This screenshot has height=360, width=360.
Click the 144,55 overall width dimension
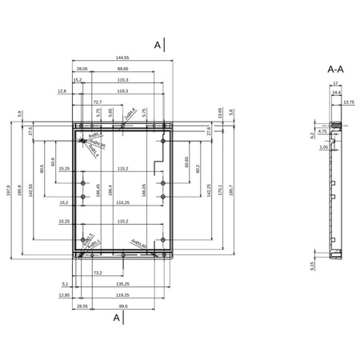pyautogui.click(x=122, y=58)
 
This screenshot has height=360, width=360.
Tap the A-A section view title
pyautogui.click(x=336, y=70)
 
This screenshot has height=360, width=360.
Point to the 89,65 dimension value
pyautogui.click(x=122, y=70)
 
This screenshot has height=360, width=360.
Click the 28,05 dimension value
pyautogui.click(x=82, y=70)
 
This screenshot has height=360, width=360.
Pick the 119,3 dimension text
pyautogui.click(x=122, y=92)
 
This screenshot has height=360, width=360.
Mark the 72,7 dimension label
pyautogui.click(x=98, y=102)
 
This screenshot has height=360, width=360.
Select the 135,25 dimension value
pyautogui.click(x=122, y=283)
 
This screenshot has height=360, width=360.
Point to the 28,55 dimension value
pyautogui.click(x=82, y=306)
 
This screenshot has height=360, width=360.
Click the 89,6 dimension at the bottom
pyautogui.click(x=122, y=306)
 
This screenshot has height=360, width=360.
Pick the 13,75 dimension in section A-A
pyautogui.click(x=348, y=102)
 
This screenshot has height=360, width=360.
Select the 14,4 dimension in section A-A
pyautogui.click(x=336, y=92)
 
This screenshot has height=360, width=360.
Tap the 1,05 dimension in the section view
pyautogui.click(x=323, y=147)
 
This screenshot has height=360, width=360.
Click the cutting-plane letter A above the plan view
pyautogui.click(x=158, y=46)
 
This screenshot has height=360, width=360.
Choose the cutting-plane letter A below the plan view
pyautogui.click(x=117, y=318)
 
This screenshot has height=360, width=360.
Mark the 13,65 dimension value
pyautogui.click(x=219, y=111)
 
